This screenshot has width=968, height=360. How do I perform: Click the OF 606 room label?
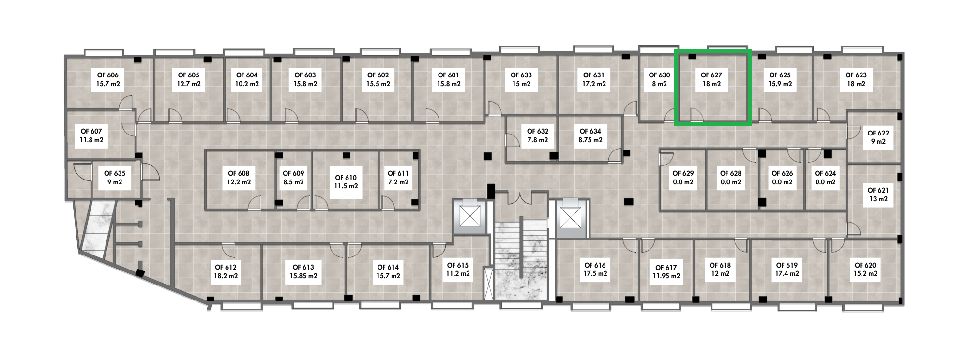[x=108, y=79]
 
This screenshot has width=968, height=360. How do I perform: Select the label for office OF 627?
[x=711, y=79]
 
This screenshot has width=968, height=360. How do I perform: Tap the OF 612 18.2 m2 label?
[x=226, y=271]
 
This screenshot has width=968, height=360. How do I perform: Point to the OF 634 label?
[x=590, y=135]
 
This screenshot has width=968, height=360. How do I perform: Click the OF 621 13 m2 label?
[x=878, y=195]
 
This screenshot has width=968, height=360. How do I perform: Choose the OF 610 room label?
[x=346, y=181]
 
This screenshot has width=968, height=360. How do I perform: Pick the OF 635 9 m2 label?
[x=115, y=178]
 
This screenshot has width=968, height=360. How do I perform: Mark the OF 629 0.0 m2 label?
[x=683, y=178]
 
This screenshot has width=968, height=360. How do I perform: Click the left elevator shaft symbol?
[x=469, y=216]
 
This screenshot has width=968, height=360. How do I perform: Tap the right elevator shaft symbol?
[x=570, y=216]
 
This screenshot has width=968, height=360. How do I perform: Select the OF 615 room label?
[x=458, y=270]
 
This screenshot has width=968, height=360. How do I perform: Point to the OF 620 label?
[x=865, y=270]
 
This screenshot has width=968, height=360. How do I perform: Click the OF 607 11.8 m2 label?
[x=91, y=135]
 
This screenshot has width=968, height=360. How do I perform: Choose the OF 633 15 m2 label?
[x=521, y=79]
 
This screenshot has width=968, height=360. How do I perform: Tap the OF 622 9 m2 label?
[x=878, y=137]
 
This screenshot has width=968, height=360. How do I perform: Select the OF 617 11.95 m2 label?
[x=666, y=271]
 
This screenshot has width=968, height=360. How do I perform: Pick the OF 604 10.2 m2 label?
[x=247, y=79]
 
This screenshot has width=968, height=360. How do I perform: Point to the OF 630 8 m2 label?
[x=659, y=79]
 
